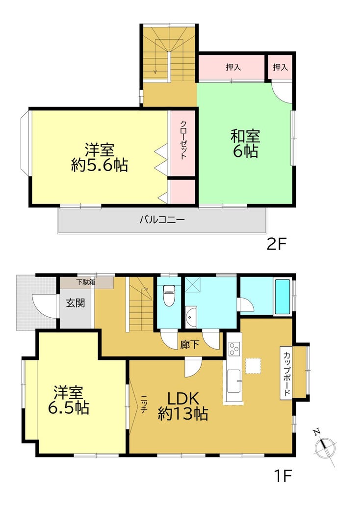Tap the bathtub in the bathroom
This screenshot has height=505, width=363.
click(x=282, y=297)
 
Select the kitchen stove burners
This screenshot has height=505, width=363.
click(x=234, y=349)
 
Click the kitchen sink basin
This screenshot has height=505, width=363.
click(x=233, y=380)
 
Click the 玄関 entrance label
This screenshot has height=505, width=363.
click(x=76, y=303)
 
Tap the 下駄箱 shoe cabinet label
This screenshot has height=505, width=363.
click(x=86, y=282)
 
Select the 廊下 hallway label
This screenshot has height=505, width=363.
click(x=189, y=345)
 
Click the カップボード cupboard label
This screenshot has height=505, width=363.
click(x=286, y=373)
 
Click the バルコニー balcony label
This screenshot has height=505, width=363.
click(x=162, y=220)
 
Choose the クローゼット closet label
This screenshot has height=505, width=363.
click(x=183, y=140)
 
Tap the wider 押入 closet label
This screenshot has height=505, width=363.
click(x=233, y=67)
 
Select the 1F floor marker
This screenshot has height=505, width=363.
click(x=283, y=476)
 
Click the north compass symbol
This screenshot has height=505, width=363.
click(x=325, y=446)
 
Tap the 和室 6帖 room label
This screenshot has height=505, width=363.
click(x=245, y=144)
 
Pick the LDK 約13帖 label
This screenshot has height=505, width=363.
click(x=183, y=406)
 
